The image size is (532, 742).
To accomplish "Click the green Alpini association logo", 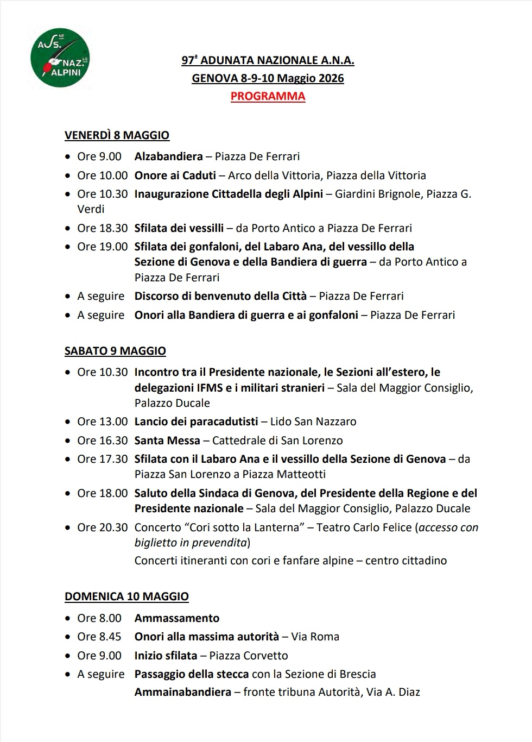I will click(60, 59).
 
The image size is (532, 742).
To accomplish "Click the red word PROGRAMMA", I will click(268, 96).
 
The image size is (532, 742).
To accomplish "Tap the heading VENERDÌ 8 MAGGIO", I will click(117, 135).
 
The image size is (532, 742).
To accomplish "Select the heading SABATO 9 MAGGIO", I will click(115, 351).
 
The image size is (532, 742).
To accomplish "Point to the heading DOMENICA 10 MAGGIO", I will click(126, 596).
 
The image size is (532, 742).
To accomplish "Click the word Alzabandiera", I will click(168, 156).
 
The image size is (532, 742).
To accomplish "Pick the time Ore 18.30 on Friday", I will click(102, 228).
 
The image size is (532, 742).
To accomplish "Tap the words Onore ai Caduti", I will click(175, 175).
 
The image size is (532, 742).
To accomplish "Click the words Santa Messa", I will click(167, 441).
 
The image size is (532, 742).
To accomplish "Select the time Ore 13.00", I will click(102, 422).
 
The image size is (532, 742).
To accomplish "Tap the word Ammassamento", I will click(177, 618).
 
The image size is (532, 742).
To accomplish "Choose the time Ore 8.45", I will click(99, 637).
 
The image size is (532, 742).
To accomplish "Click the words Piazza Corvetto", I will click(249, 656).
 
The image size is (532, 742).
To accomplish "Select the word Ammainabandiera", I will click(182, 692).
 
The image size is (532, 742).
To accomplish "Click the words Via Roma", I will click(315, 637).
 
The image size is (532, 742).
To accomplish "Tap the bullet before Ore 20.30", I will click(67, 527).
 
